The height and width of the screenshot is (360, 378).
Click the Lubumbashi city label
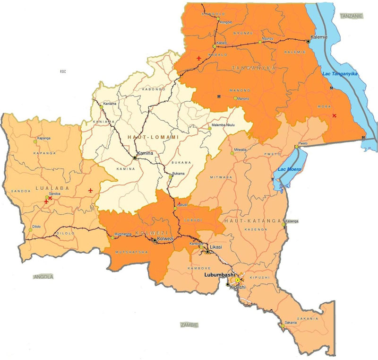point(220,274)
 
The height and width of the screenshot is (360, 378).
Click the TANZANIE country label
point(351,16)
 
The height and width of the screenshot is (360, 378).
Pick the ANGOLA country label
point(43,276)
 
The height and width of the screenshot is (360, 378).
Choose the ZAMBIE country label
point(189,325)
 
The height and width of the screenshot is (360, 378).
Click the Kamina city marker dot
point(136,157)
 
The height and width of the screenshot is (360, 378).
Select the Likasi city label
point(215,247)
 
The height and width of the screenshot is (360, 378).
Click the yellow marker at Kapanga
point(34,141)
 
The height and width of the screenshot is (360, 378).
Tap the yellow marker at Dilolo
point(30,229)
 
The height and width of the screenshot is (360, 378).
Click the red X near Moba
point(335,115)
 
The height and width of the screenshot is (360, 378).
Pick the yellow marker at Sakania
point(282,325)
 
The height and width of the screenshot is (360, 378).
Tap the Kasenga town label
point(292,221)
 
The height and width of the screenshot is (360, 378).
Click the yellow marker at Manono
point(235,98)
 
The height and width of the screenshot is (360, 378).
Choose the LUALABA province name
point(46,188)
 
